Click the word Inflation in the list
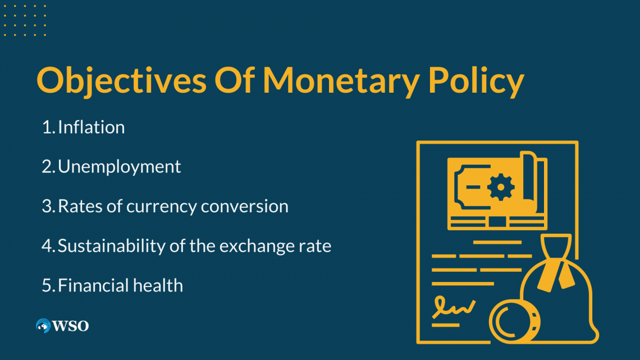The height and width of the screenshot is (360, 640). [91, 127]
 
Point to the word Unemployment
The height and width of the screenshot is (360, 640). [119, 167]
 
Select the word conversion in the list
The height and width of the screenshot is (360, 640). [244, 207]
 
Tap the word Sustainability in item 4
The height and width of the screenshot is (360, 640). [111, 246]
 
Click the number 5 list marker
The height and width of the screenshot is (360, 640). [47, 286]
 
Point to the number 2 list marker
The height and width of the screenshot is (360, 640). [47, 167]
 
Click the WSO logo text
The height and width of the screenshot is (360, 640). [70, 326]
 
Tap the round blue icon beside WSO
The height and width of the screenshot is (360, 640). [43, 326]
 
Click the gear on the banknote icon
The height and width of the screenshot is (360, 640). [500, 187]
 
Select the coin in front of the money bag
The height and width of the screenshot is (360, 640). [514, 321]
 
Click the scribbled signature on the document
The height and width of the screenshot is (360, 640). [453, 307]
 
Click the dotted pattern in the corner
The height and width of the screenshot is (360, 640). [25, 20]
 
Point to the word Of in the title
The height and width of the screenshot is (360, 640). [234, 80]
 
